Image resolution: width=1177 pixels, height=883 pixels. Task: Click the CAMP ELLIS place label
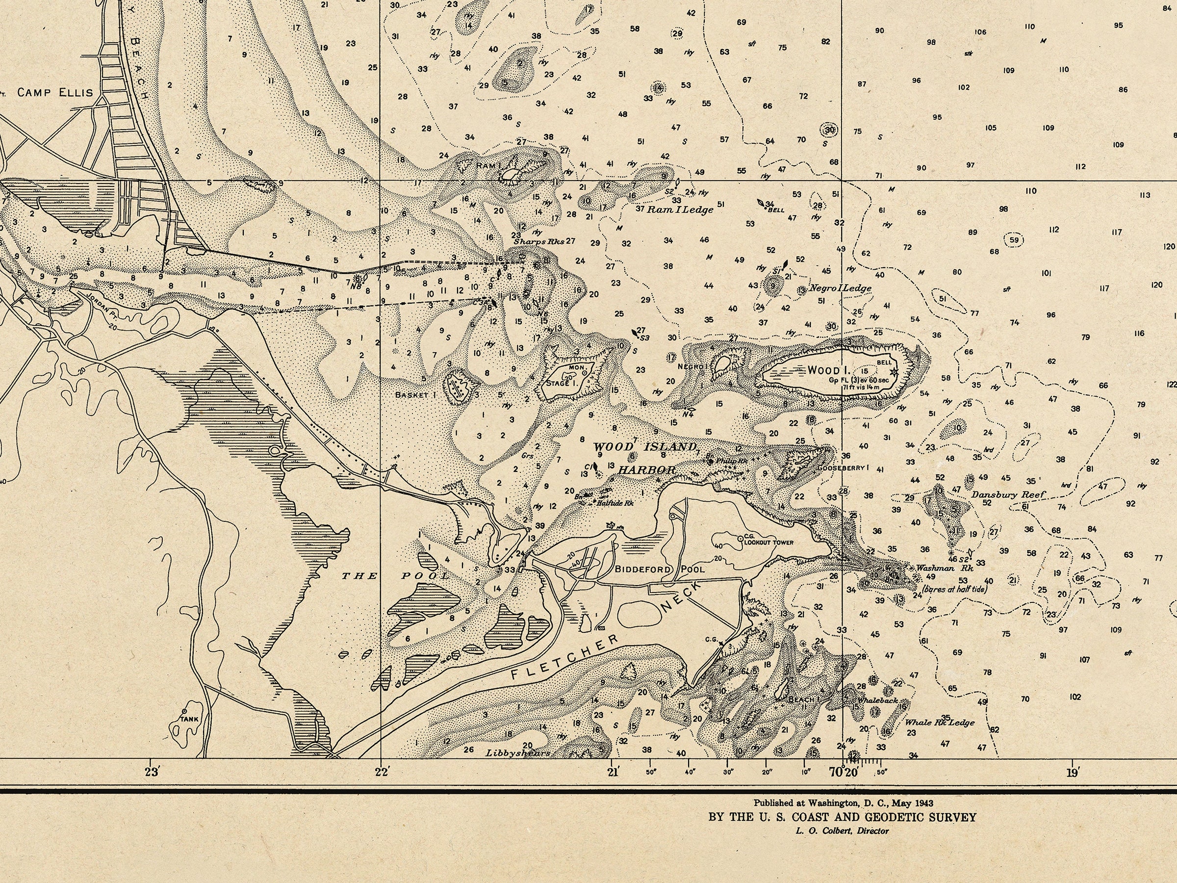pos(55,93)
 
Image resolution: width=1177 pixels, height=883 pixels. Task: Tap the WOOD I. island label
pos(826,370)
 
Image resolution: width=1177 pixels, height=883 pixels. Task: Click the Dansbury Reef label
pos(1008,494)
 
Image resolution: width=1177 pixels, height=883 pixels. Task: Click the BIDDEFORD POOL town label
pos(660,569)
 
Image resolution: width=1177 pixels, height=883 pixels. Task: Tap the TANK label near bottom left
pos(189,719)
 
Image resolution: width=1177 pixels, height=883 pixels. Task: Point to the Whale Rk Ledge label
pos(940,722)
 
